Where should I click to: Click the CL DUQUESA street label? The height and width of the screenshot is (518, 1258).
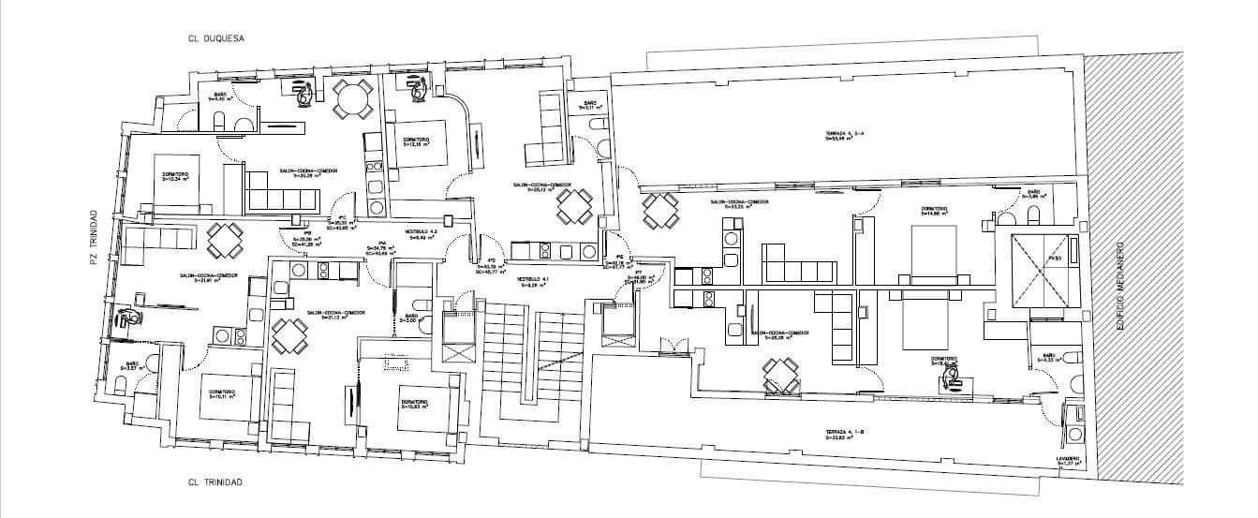click(215, 40)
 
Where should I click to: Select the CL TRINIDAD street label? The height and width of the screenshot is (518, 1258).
click(215, 482)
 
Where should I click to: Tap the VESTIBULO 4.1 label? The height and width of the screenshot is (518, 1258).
click(531, 281)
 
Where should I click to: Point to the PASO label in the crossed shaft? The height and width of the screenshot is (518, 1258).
click(1053, 259)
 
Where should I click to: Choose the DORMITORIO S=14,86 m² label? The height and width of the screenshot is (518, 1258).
click(936, 211)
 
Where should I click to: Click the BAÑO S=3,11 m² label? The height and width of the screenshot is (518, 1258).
click(590, 105)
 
